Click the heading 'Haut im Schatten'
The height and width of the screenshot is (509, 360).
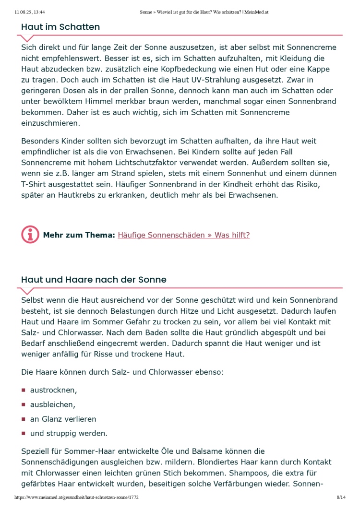point(60,27)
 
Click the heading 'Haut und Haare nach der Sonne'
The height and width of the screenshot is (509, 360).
point(94,280)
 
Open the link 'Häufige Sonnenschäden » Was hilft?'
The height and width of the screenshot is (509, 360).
point(183,235)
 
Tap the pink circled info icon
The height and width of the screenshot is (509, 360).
point(30,235)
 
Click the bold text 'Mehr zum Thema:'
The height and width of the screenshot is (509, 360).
point(79,235)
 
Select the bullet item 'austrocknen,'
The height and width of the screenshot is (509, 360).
point(53,390)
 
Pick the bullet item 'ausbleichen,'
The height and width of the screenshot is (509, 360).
point(52,404)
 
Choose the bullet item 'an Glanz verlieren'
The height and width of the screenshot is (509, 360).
point(63,419)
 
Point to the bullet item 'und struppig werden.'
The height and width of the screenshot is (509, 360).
point(69,433)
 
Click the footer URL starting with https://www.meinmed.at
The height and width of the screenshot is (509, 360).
point(77,498)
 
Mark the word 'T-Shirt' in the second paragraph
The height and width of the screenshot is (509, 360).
point(34,184)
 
